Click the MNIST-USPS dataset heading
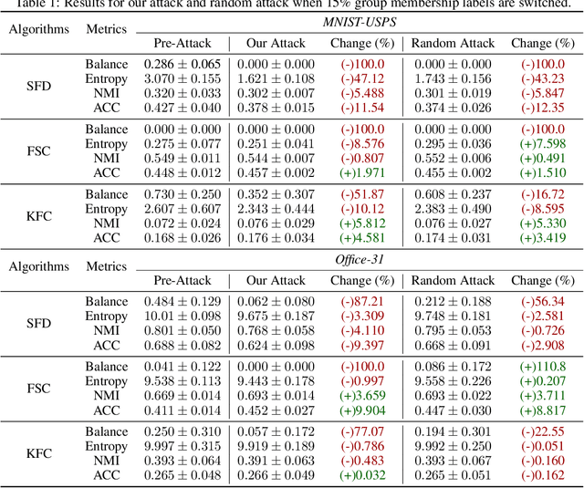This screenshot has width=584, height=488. pos(359,22)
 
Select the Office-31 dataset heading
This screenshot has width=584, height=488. pos(359,259)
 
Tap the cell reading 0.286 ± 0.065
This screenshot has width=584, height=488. pos(182,65)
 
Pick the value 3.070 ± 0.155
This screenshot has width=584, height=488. pos(182,79)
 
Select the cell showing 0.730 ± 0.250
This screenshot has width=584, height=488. pos(182,194)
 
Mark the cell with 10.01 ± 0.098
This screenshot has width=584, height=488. pos(182,317)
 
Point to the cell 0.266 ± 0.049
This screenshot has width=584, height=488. pos(276,475)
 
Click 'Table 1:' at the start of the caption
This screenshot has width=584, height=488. pos(40,4)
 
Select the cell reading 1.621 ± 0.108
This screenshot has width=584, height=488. pos(276,79)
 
